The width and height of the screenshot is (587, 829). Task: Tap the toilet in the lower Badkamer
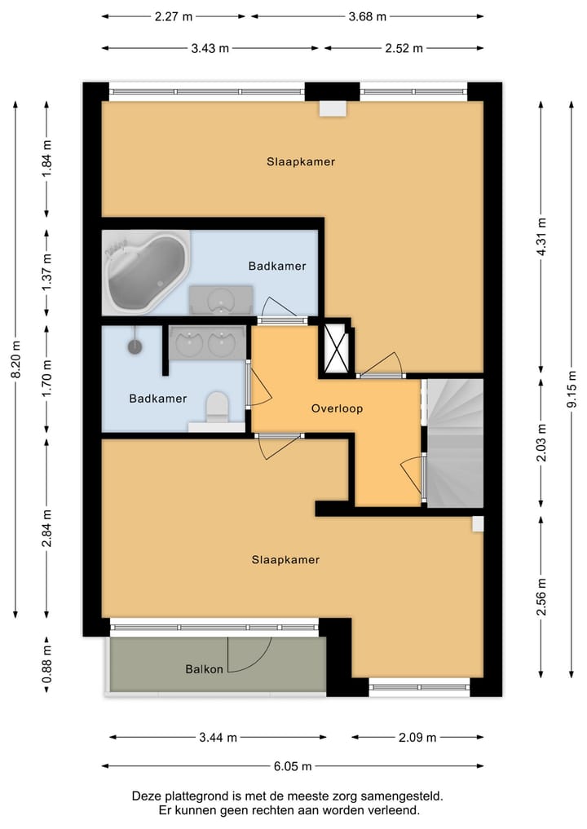217,407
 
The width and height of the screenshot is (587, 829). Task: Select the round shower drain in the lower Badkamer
135,346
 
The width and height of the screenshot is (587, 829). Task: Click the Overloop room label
337,408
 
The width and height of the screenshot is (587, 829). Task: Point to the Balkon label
204,670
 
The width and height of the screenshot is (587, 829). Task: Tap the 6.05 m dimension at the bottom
292,766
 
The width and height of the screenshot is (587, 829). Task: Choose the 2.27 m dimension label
174,15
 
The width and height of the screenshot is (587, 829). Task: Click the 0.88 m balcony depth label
46,664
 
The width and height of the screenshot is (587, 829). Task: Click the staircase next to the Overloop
455,444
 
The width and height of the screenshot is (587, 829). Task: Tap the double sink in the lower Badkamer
206,343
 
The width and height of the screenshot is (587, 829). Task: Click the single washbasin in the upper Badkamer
220,300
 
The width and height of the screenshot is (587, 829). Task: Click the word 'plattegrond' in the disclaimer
196,796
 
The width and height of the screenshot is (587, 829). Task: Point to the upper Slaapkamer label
301,161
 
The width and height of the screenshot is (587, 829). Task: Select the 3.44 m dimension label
218,737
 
